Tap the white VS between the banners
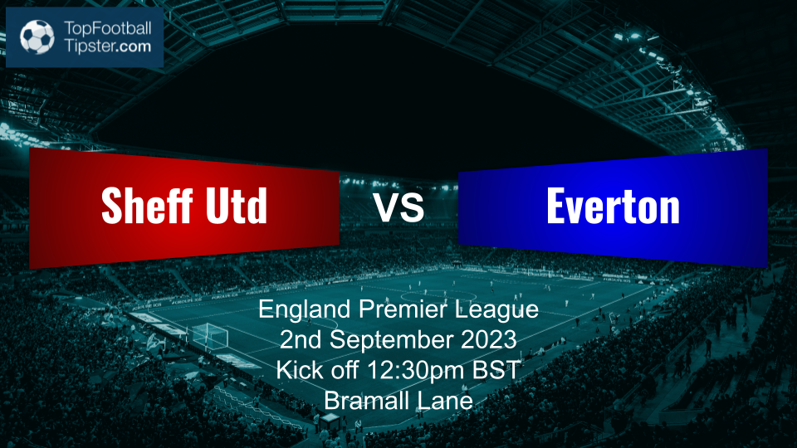398,207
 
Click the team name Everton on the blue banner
613,205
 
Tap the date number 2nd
301,341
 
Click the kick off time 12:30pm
425,371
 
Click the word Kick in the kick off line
296,371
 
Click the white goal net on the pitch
209,336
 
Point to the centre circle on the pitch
438,296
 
